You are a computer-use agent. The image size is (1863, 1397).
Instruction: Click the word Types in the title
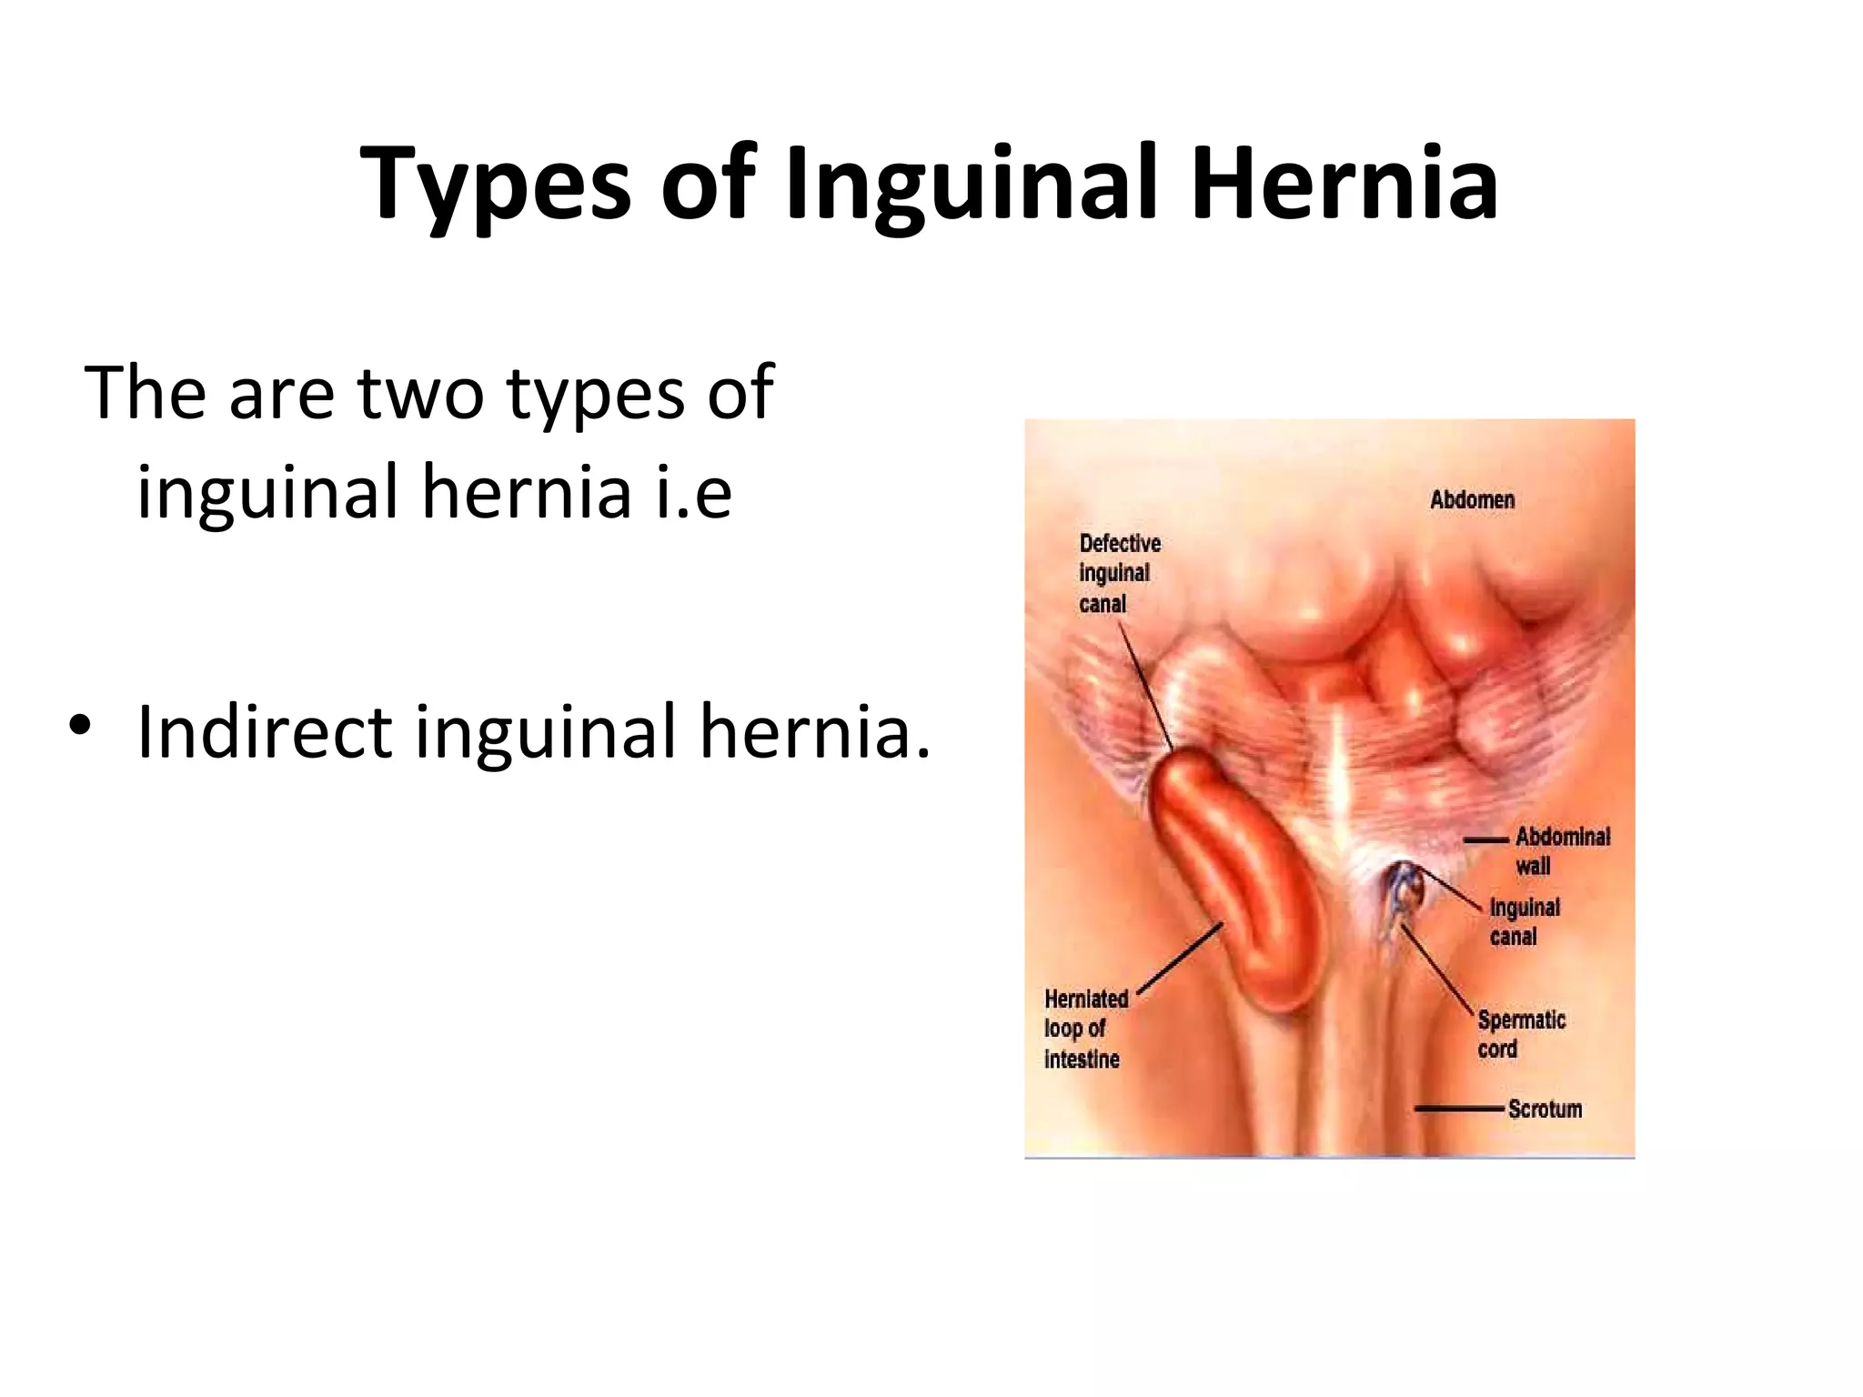[x=495, y=185]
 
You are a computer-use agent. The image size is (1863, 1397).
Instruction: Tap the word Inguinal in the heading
[x=972, y=185]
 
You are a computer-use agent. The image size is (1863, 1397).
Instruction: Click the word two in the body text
[x=419, y=393]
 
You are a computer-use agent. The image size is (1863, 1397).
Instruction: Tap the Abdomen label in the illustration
[x=1472, y=499]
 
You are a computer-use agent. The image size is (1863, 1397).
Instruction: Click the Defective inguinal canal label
[x=1119, y=573]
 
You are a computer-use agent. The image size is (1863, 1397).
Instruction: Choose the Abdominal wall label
[x=1562, y=851]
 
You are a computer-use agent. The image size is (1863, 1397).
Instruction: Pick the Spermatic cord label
[x=1521, y=1034]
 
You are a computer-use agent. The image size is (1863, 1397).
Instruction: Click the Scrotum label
[x=1545, y=1109]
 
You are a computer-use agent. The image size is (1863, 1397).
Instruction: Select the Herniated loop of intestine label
[x=1086, y=1029]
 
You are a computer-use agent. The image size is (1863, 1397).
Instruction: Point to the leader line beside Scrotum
[x=1458, y=1109]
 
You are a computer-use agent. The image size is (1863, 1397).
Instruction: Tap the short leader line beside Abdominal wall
[x=1485, y=839]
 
